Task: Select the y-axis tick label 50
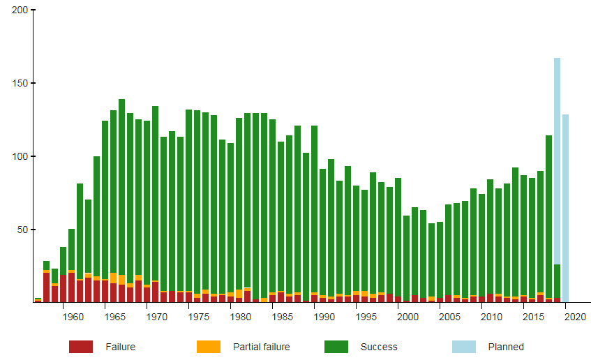point(22,230)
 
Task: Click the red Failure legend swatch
point(81,347)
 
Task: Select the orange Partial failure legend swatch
point(208,347)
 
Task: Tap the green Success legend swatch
point(336,347)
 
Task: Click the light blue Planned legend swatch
point(464,347)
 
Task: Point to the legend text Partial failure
point(261,347)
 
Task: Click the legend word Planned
point(506,347)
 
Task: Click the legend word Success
point(379,347)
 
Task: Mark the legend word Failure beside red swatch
point(120,347)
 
